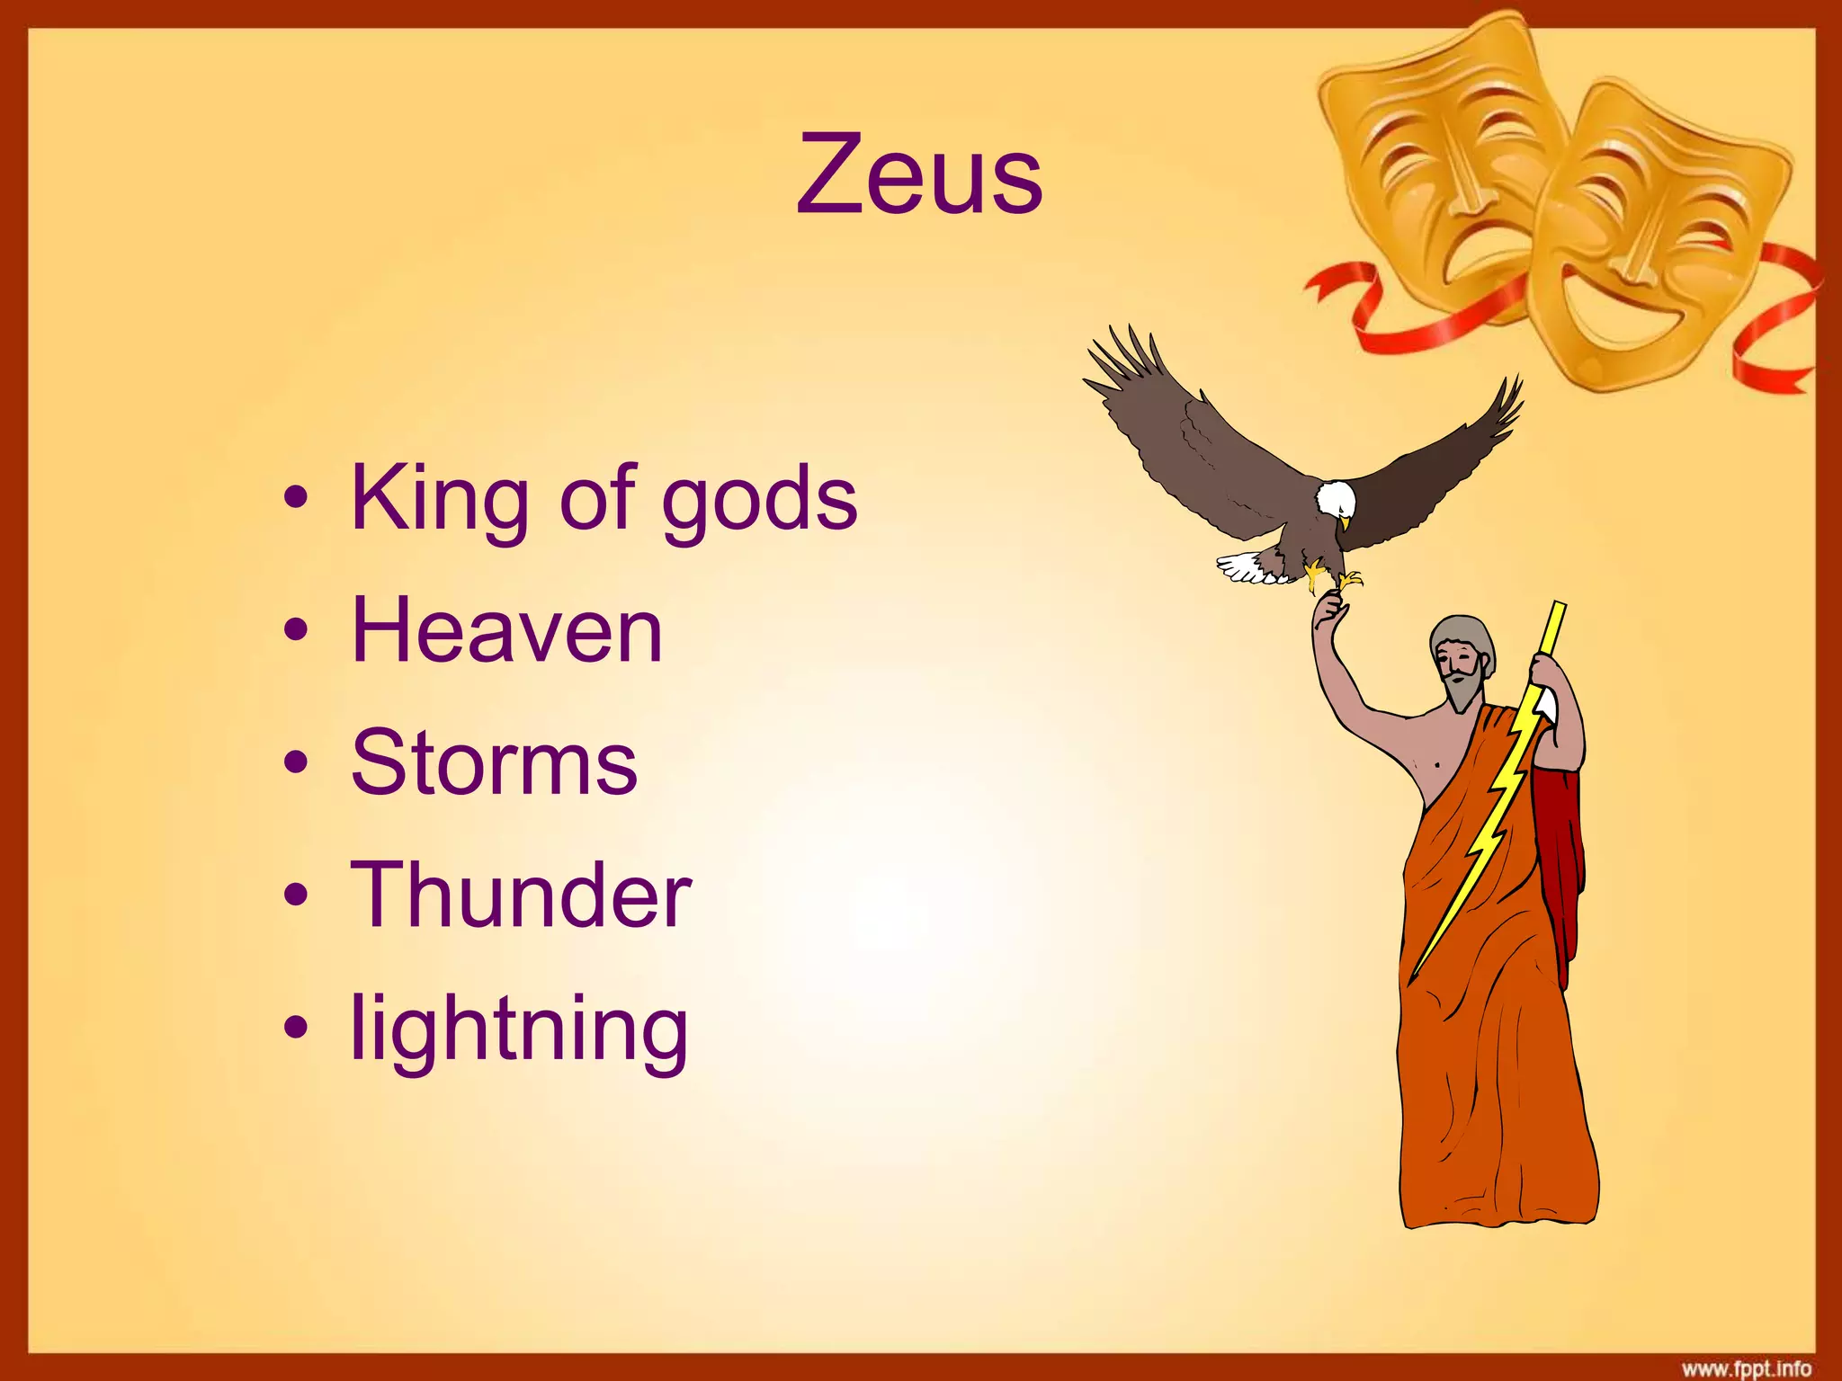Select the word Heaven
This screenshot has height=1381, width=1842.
(506, 632)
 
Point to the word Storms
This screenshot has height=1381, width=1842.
(494, 763)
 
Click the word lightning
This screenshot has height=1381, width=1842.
(519, 1029)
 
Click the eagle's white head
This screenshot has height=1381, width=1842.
(1336, 499)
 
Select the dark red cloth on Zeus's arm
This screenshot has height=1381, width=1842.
(1560, 854)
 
